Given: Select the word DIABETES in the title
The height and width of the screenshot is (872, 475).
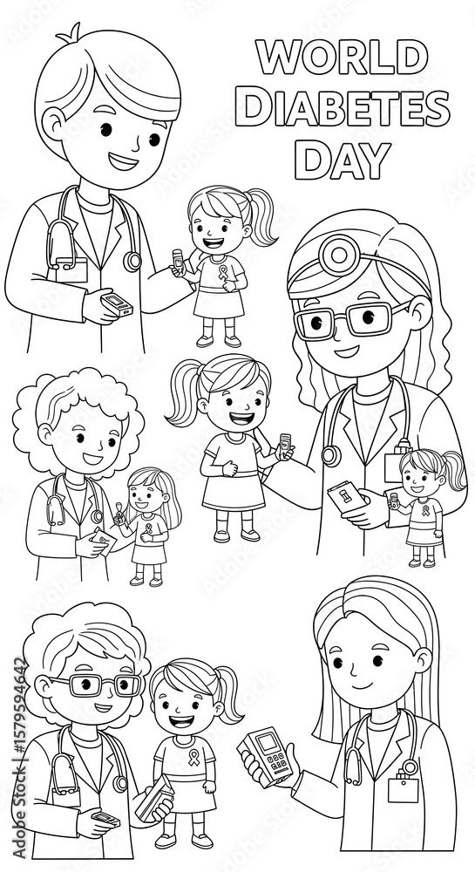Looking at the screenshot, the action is (343, 108).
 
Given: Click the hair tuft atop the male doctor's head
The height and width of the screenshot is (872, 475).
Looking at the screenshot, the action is (70, 33).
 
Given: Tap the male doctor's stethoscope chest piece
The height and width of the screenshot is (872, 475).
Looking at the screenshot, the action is (132, 261).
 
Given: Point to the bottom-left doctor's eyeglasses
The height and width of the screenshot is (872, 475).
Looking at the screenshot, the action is (98, 685).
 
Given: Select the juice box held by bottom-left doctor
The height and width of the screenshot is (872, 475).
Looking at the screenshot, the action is (154, 798).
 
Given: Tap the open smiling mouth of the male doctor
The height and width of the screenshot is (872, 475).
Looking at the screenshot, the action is (124, 162).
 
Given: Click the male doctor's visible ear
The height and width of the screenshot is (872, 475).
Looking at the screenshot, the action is (54, 124).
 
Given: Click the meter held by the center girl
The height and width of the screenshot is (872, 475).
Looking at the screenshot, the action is (285, 446).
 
